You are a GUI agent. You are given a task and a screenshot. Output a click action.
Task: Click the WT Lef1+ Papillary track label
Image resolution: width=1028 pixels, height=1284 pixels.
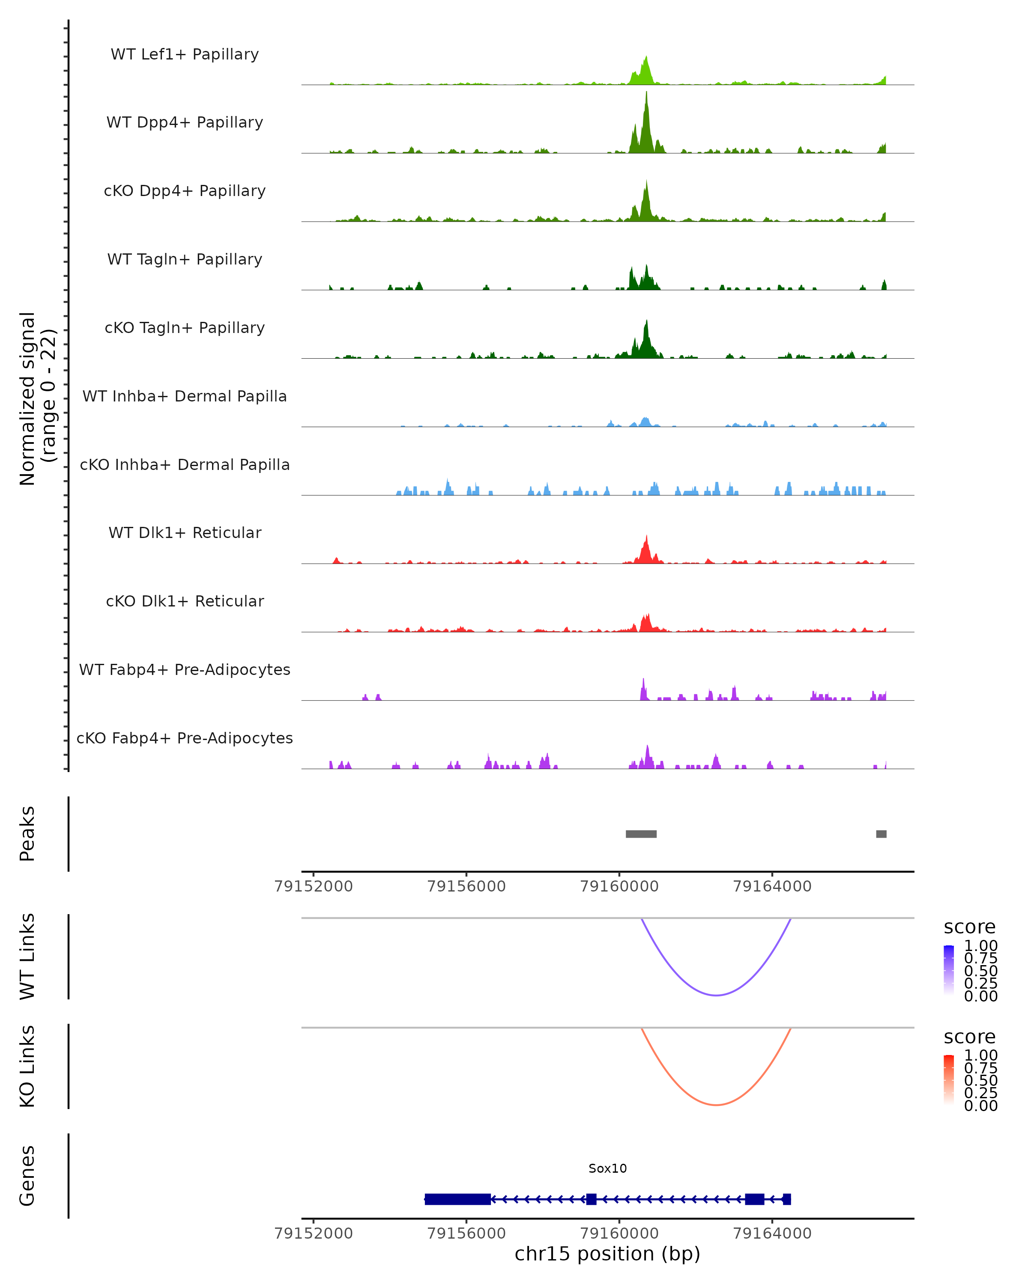click(185, 54)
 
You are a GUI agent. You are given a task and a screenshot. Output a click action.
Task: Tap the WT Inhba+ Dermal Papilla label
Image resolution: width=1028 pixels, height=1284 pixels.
click(185, 396)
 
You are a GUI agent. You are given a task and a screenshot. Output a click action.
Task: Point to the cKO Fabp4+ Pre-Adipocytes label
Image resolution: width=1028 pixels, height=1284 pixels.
click(185, 738)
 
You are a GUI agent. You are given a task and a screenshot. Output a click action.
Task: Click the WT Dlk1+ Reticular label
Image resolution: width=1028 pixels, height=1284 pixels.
click(185, 532)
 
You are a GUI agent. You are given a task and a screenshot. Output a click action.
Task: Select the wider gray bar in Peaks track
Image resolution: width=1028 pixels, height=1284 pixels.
click(641, 834)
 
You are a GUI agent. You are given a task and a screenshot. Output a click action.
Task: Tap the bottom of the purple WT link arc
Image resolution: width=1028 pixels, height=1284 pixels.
click(716, 995)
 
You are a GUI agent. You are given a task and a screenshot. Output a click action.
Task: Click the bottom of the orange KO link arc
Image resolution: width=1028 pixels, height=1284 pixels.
click(716, 1105)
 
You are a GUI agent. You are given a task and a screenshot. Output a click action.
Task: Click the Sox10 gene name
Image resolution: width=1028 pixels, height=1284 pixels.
click(607, 1168)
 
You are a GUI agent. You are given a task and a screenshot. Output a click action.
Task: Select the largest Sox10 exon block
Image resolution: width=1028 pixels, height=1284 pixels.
click(458, 1199)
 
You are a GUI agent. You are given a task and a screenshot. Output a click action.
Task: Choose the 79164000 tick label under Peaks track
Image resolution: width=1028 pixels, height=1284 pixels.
click(772, 886)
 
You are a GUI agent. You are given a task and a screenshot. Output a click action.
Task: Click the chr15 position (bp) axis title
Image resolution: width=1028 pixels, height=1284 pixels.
click(607, 1254)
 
